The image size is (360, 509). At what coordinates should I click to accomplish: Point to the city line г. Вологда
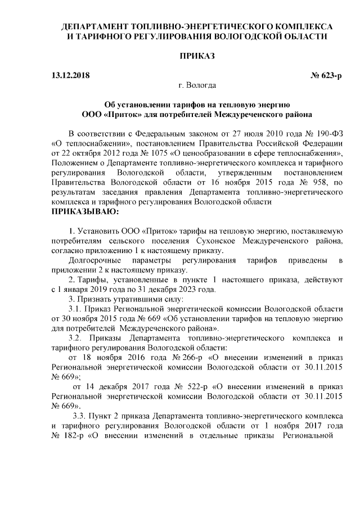tap(196, 85)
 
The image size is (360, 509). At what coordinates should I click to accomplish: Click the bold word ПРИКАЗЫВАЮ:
tap(84, 212)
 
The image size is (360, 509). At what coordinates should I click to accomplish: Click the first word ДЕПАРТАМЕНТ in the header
tap(93, 26)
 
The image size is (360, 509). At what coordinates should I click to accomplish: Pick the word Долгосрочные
tap(94, 260)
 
